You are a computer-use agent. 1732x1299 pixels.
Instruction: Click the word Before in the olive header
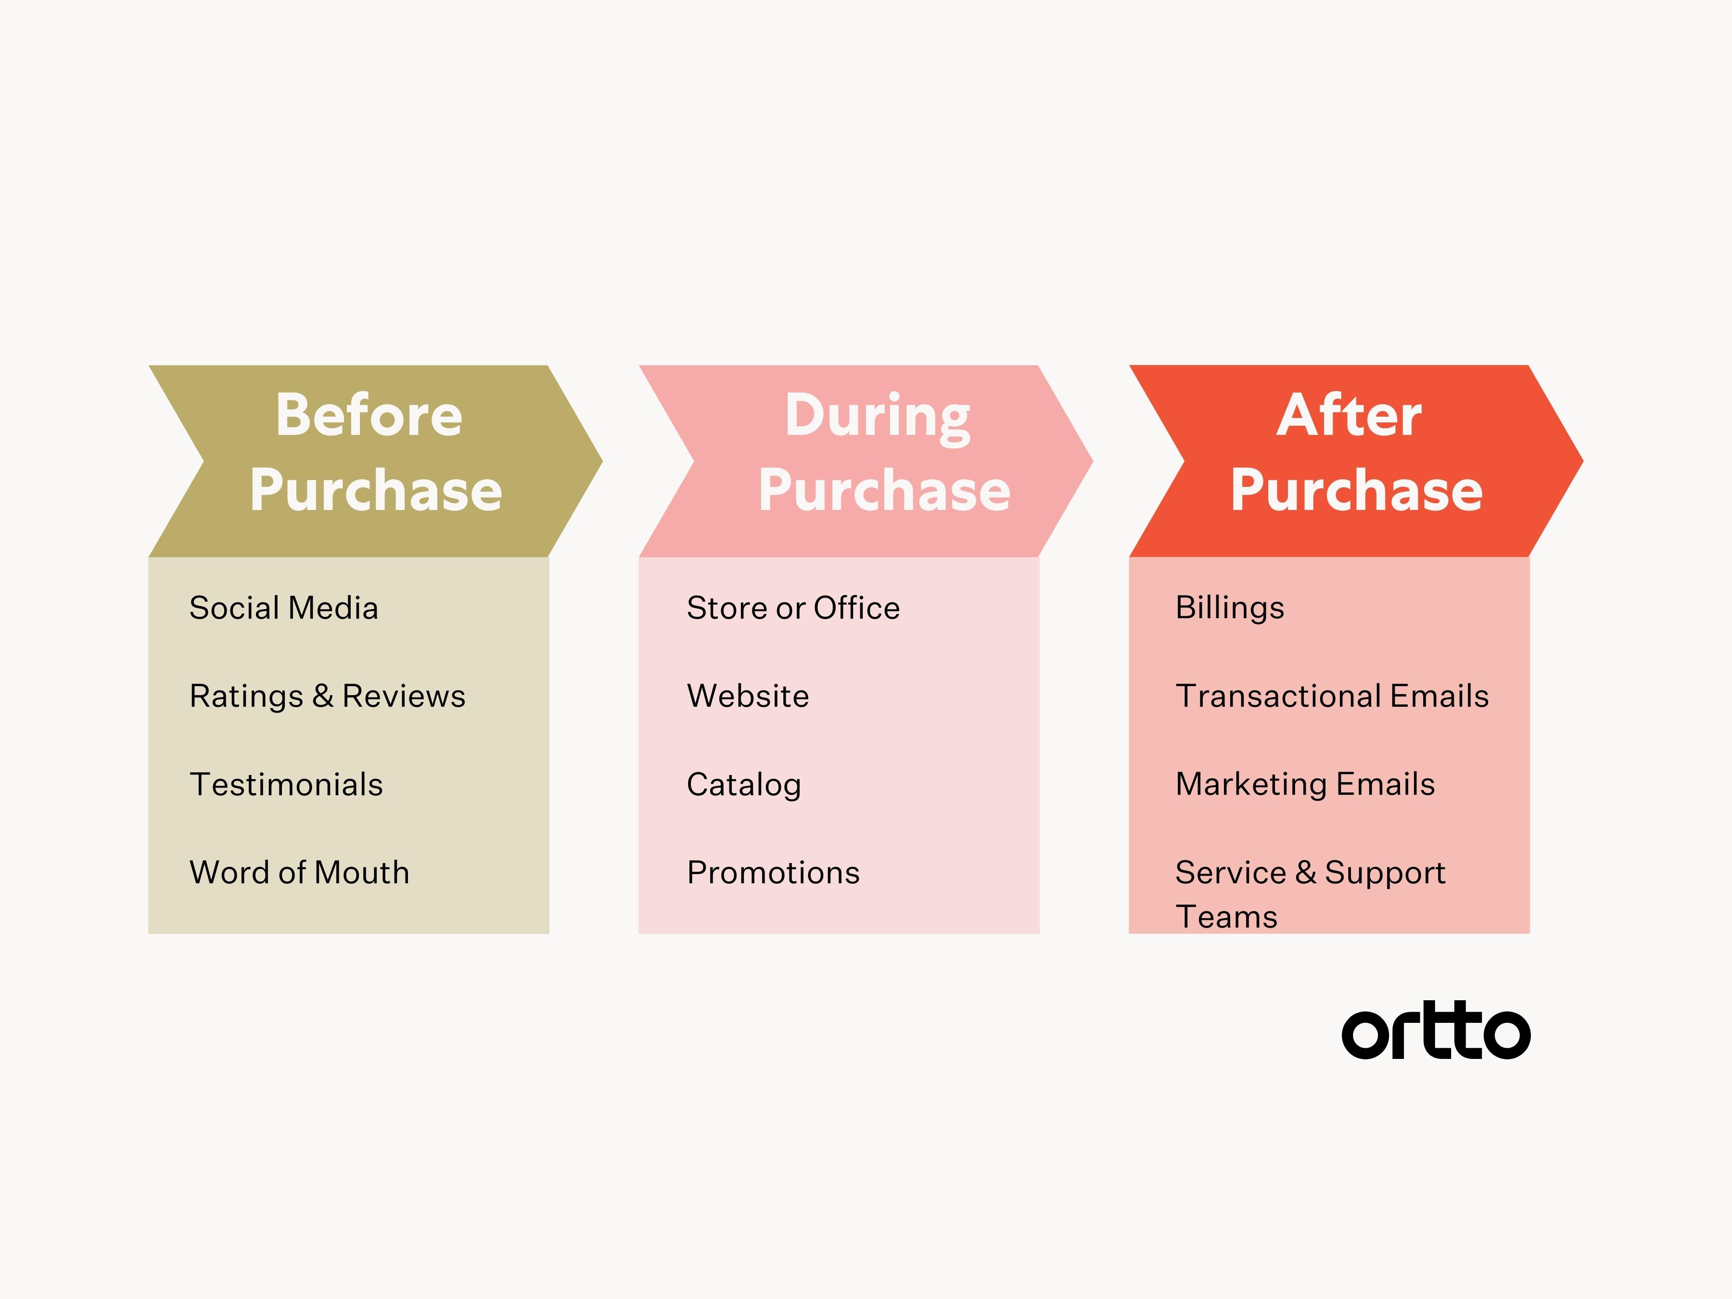click(x=369, y=415)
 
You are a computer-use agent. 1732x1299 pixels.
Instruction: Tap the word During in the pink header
click(x=878, y=419)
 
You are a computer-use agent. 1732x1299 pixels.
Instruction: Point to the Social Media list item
click(x=283, y=608)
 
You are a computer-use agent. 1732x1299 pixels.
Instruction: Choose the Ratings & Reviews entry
click(x=327, y=696)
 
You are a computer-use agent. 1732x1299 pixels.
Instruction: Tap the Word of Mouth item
click(x=299, y=872)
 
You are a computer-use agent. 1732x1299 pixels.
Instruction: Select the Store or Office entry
click(x=793, y=608)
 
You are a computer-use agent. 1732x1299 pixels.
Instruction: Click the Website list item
click(x=748, y=696)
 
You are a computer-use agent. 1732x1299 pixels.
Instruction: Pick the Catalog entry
click(x=744, y=785)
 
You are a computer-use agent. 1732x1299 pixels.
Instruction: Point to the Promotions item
click(x=773, y=872)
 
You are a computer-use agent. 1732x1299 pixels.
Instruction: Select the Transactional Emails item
click(x=1332, y=696)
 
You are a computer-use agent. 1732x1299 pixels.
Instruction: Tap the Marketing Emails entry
click(x=1305, y=785)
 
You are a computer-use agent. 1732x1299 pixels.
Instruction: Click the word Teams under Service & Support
click(x=1226, y=917)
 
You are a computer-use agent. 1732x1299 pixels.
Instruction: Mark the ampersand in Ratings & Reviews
click(x=323, y=696)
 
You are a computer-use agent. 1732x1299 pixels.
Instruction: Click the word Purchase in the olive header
click(x=376, y=490)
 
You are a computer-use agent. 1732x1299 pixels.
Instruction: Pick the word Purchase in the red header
click(x=1356, y=490)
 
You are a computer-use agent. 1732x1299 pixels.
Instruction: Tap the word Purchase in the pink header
click(x=884, y=490)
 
